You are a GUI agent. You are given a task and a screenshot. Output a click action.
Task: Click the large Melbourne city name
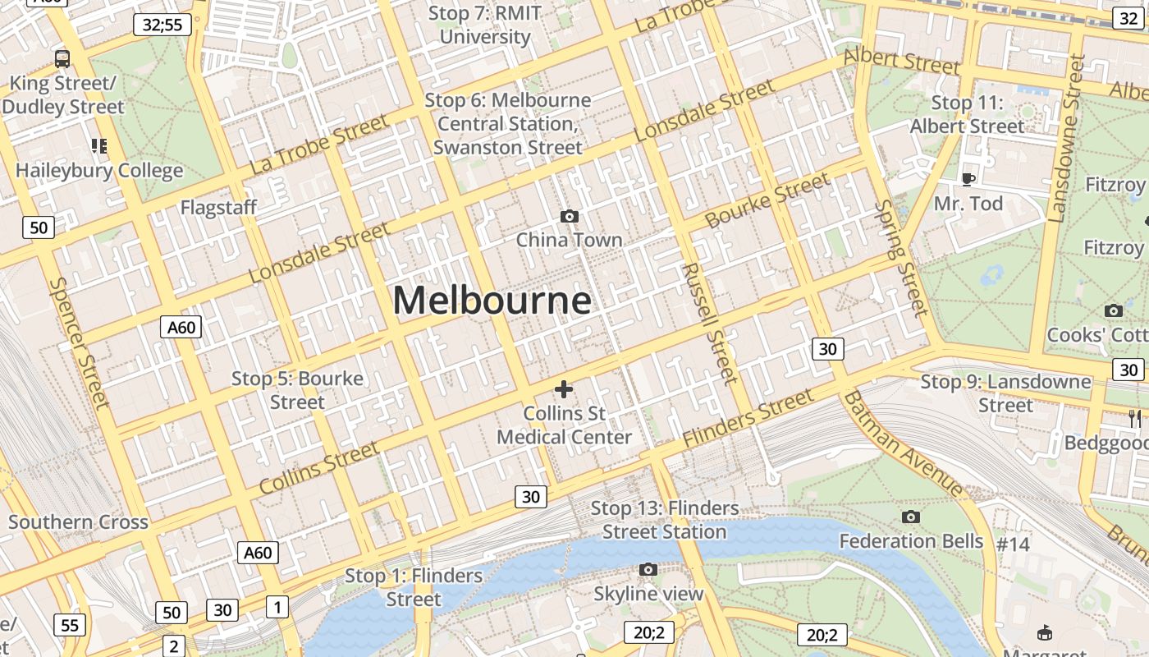click(x=492, y=301)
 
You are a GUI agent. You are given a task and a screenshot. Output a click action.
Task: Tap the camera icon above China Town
click(x=569, y=216)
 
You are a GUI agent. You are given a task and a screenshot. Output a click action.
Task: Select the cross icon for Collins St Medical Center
click(x=564, y=389)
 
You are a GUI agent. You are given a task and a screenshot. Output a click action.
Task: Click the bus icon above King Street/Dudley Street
click(x=62, y=58)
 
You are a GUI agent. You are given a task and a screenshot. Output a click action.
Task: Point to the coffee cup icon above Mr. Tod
click(x=968, y=179)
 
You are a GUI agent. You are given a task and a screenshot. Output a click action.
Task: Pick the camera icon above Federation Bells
click(x=910, y=517)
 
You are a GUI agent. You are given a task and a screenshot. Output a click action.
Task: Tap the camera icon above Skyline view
click(x=648, y=569)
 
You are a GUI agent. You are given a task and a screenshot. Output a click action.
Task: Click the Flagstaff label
click(x=218, y=208)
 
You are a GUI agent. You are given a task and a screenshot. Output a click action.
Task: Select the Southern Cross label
click(x=78, y=521)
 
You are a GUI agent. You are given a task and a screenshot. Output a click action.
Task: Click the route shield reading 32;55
click(x=163, y=25)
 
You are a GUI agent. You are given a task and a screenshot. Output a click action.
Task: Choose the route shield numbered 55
click(x=70, y=626)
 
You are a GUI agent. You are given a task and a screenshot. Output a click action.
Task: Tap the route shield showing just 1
click(x=277, y=607)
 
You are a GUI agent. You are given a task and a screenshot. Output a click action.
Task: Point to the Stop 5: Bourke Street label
click(x=297, y=390)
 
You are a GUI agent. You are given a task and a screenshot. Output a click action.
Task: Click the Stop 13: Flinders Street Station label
click(x=665, y=520)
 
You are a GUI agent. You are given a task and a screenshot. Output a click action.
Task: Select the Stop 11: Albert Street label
click(x=968, y=115)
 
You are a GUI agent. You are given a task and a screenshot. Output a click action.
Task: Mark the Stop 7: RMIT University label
click(x=485, y=25)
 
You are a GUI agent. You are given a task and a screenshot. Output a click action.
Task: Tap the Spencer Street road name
click(x=79, y=342)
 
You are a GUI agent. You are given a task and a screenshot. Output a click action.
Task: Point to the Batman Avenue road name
click(x=902, y=443)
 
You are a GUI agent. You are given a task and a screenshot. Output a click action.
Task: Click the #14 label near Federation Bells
click(x=1013, y=544)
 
